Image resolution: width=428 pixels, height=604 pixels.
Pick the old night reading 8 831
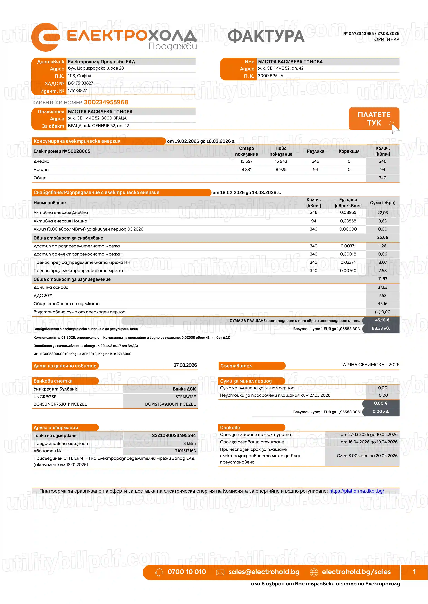tap(246, 169)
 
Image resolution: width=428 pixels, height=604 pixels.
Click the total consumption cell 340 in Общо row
tap(382, 178)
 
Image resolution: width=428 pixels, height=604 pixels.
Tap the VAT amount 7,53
tap(382, 296)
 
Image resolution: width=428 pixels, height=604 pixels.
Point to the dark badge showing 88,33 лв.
tap(381, 329)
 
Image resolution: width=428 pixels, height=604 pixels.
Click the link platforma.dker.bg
tap(356, 491)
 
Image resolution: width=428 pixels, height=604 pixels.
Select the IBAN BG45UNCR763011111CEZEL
tap(60, 404)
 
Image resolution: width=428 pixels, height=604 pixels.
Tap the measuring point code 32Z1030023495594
tap(174, 436)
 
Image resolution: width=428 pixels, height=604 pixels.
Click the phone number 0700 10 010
tap(187, 572)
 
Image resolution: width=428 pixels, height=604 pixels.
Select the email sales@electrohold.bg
tap(264, 572)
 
